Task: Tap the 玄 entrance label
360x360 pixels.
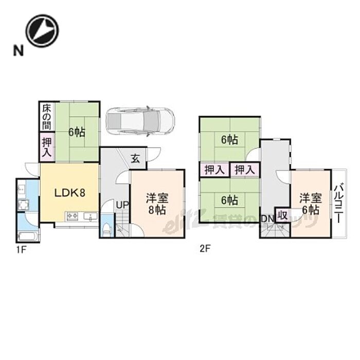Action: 135,159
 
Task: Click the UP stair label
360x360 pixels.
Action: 122,205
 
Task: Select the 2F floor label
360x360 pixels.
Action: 205,249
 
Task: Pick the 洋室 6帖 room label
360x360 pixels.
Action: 309,204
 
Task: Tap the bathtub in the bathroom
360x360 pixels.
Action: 27,237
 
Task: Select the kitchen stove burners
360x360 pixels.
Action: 72,216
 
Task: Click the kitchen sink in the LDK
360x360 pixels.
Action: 91,217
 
